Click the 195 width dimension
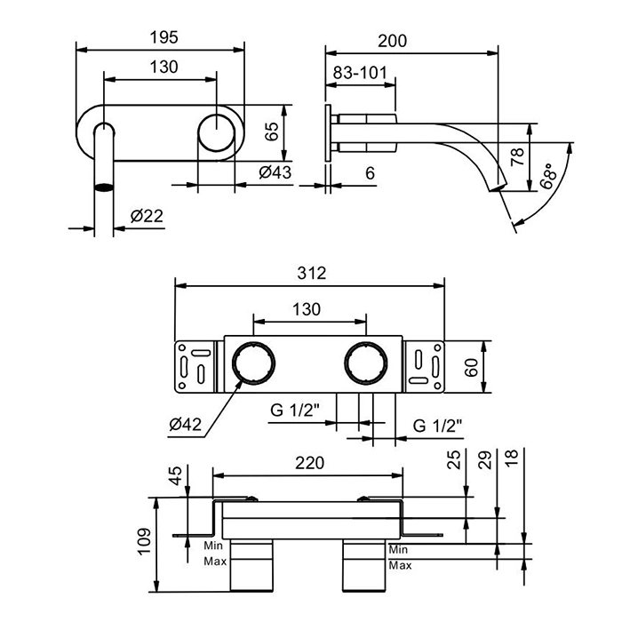tap(163, 37)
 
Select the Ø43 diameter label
tap(275, 172)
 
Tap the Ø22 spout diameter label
tap(147, 216)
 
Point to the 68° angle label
tap(548, 176)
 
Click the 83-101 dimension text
tap(360, 73)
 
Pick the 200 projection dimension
tap(393, 41)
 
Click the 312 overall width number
tap(312, 274)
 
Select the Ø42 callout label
tap(185, 425)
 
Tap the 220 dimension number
tap(310, 463)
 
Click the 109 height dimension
tap(144, 541)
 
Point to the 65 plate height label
tap(272, 132)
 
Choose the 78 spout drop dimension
tap(517, 157)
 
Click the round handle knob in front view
tap(217, 132)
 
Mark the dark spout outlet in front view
tap(104, 187)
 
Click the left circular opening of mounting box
tap(253, 363)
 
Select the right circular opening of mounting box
tap(366, 363)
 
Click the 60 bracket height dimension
tap(471, 367)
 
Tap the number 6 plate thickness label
tap(370, 173)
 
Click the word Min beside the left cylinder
tap(213, 546)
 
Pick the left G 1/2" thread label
tap(295, 410)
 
